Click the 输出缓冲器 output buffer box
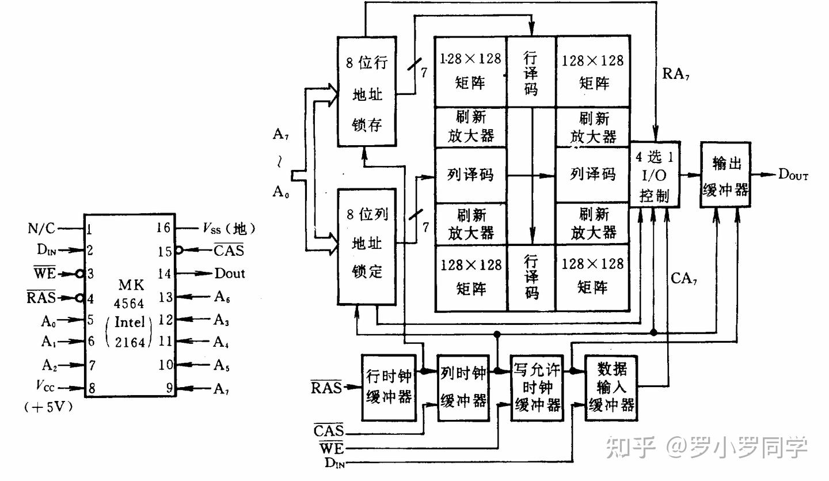(725, 175)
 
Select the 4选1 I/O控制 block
(655, 175)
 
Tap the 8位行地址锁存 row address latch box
(367, 92)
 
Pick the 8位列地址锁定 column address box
(367, 247)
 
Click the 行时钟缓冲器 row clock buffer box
(389, 388)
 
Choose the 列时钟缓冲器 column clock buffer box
(463, 388)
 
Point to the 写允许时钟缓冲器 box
(537, 388)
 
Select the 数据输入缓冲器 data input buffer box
(611, 388)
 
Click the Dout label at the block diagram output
(793, 175)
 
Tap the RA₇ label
(675, 74)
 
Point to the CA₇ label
(683, 278)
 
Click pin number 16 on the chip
(163, 228)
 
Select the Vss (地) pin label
(229, 229)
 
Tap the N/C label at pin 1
(41, 228)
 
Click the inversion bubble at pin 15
(178, 251)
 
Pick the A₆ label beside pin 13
(222, 297)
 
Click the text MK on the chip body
(131, 285)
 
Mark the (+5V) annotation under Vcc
(48, 407)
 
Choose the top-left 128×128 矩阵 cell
(470, 71)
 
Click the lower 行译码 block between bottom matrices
(531, 278)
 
